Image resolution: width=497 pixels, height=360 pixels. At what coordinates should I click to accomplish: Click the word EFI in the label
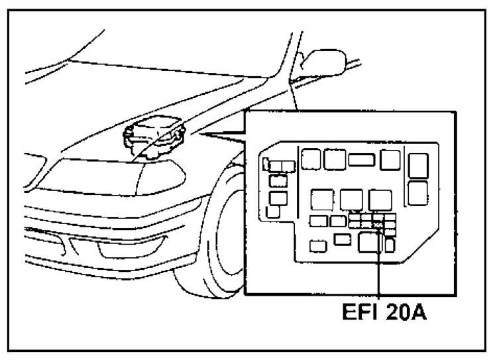(360, 312)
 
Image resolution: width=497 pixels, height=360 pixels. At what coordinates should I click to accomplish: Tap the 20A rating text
(406, 312)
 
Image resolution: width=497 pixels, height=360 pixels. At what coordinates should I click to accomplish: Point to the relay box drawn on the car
(154, 137)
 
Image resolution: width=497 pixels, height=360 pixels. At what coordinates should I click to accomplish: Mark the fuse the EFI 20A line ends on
(378, 225)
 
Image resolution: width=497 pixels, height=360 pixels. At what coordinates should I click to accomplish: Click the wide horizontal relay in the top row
(362, 160)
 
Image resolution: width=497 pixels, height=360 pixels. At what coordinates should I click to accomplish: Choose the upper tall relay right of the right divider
(418, 166)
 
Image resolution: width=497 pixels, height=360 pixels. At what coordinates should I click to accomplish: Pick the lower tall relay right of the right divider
(417, 193)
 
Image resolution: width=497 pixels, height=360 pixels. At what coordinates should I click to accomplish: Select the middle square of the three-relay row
(351, 200)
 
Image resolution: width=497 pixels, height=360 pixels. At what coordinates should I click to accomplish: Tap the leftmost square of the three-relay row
(322, 200)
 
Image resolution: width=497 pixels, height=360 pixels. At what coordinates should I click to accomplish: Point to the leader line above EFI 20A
(378, 263)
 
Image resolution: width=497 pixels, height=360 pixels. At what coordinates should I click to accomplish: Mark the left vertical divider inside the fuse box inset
(298, 182)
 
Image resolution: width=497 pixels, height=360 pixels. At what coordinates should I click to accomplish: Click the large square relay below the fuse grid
(370, 243)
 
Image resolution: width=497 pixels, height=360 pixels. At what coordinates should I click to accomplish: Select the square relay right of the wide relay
(390, 160)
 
